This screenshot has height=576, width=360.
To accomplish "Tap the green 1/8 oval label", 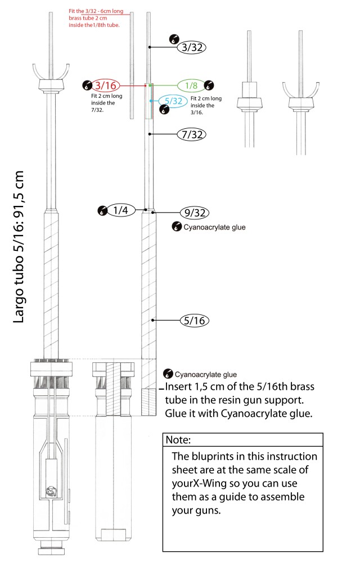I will click(191, 85).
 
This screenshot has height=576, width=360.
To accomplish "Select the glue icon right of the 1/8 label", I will click(209, 85).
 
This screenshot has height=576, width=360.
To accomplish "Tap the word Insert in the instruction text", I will click(181, 388).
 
